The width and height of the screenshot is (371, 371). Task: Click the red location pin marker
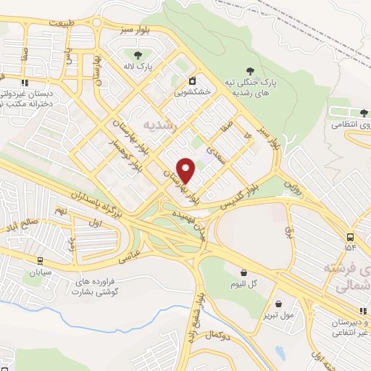[x=187, y=170]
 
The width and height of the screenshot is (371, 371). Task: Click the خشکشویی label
[x=192, y=93]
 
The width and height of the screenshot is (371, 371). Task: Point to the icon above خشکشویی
[x=192, y=80]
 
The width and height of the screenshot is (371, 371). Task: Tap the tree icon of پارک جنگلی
[x=250, y=70]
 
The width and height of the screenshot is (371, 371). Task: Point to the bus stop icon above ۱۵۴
[x=351, y=236]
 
